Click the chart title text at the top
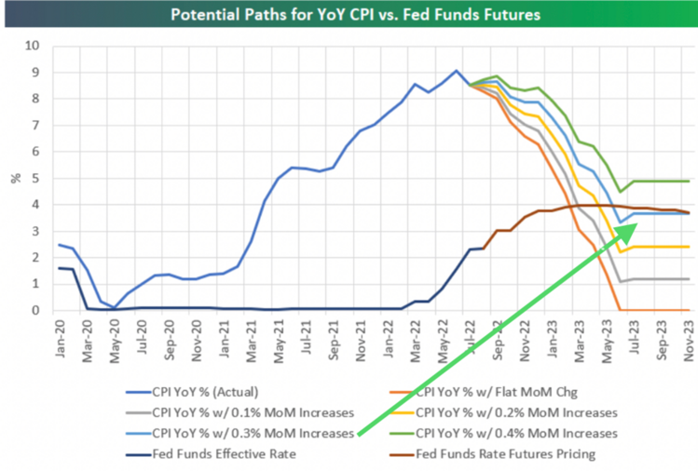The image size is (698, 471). (x=349, y=15)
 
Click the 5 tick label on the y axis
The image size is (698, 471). (x=36, y=178)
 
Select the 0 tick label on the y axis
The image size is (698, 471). (x=36, y=310)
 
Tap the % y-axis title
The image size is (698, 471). (x=13, y=178)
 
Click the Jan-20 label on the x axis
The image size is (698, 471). (x=60, y=337)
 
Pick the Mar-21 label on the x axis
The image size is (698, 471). (x=252, y=337)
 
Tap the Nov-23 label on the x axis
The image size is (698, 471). (x=689, y=337)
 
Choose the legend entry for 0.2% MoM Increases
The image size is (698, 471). (x=518, y=411)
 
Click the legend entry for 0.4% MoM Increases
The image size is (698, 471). (x=518, y=433)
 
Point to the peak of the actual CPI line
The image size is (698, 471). (x=456, y=70)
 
